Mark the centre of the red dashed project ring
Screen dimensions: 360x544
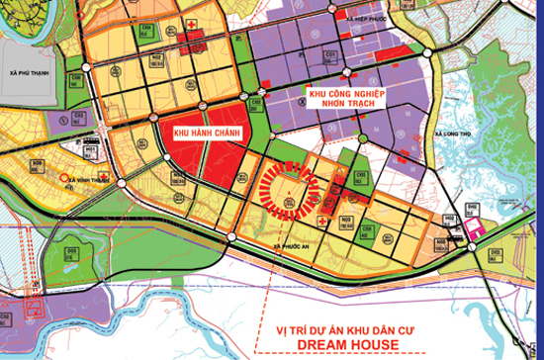point(289,188)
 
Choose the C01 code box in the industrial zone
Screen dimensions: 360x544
point(333,54)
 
